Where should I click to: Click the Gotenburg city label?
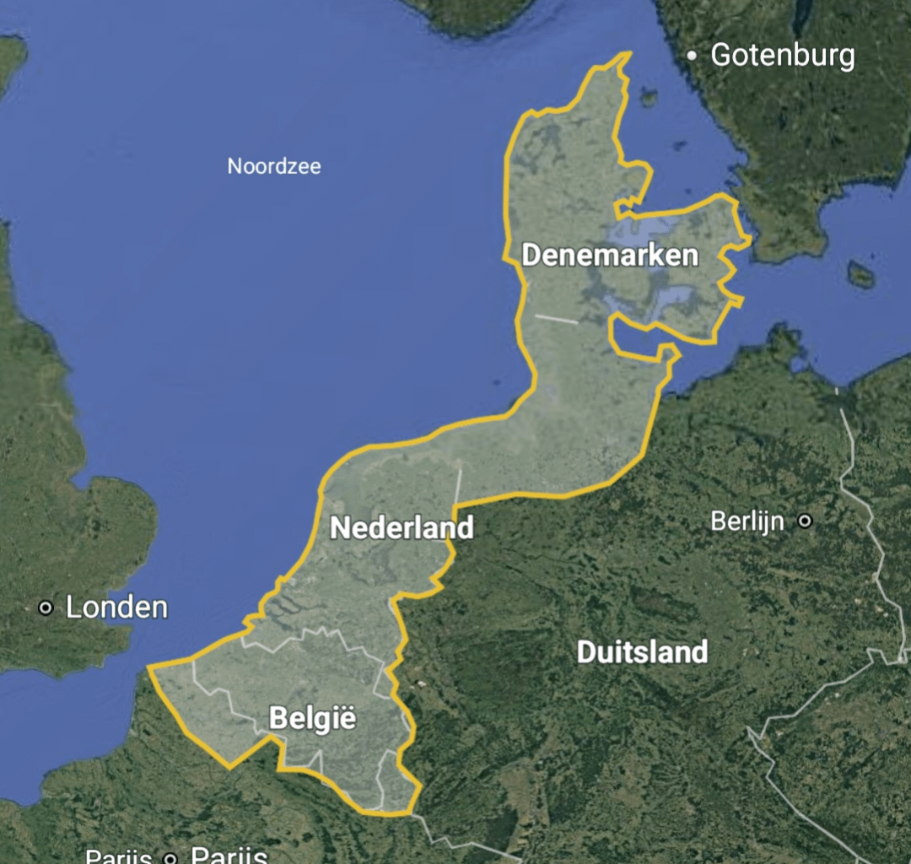(783, 56)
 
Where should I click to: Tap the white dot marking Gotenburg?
(692, 56)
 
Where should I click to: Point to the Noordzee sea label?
(274, 166)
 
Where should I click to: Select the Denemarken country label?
(610, 255)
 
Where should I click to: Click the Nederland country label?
(402, 528)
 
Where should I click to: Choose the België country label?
(312, 719)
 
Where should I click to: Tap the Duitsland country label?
(642, 651)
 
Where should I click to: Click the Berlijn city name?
(747, 521)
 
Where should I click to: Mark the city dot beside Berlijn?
(805, 521)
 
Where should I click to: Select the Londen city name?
(116, 607)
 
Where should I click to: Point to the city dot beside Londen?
(46, 607)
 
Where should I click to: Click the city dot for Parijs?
(170, 858)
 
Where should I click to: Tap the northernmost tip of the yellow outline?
(629, 53)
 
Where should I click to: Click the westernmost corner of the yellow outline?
(148, 667)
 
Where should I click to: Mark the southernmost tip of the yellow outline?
(411, 814)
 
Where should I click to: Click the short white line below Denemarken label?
(557, 319)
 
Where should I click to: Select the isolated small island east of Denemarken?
(860, 274)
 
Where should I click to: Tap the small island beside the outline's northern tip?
(648, 97)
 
